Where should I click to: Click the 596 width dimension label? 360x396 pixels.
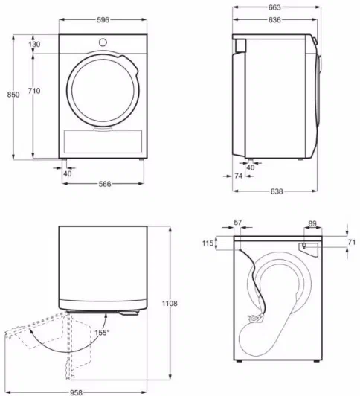[103, 19]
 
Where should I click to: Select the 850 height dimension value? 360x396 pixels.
[13, 95]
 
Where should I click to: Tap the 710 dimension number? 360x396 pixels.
[34, 91]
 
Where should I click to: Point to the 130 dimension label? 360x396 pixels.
[34, 45]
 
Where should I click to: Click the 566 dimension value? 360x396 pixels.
[105, 184]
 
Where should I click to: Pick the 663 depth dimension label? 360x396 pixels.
[274, 7]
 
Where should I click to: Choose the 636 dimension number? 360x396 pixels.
[274, 19]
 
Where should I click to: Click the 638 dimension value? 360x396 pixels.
[277, 191]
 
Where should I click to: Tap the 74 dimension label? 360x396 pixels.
[239, 176]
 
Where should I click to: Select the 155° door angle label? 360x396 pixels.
[102, 333]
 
